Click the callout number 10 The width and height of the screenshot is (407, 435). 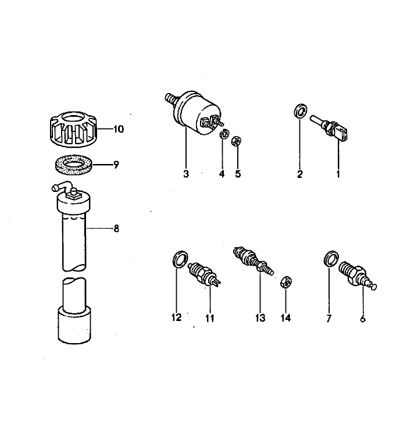(x=119, y=129)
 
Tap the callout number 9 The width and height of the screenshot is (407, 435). (x=116, y=165)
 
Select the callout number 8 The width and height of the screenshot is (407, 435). (x=116, y=229)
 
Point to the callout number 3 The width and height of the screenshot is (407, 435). (x=186, y=174)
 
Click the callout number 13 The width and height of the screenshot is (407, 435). (x=260, y=318)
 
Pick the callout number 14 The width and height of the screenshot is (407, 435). (x=285, y=318)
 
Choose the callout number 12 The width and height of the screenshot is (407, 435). (x=176, y=318)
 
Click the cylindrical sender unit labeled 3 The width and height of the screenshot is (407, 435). (x=195, y=114)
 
